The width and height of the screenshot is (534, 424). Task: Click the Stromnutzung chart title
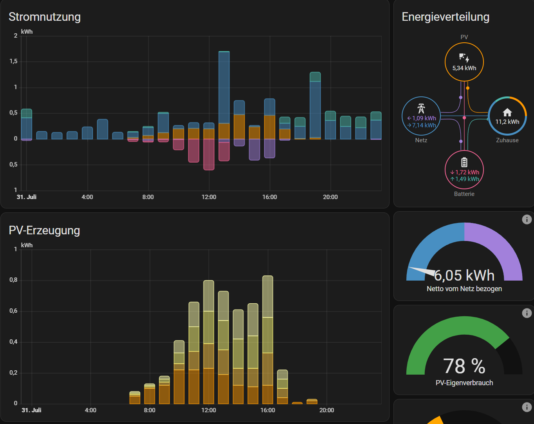click(45, 17)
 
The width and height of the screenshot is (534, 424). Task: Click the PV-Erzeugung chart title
click(44, 230)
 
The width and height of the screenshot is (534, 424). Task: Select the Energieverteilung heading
click(446, 17)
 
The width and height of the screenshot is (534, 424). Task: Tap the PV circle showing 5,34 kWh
click(464, 62)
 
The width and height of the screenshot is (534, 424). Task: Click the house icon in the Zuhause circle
click(507, 112)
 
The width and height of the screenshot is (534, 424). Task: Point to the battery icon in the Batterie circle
click(464, 162)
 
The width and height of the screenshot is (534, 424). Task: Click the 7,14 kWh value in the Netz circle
click(424, 125)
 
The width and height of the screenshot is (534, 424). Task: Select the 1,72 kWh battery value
click(467, 172)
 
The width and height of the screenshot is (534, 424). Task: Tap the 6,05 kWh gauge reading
click(464, 275)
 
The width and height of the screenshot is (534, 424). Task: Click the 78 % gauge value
click(464, 366)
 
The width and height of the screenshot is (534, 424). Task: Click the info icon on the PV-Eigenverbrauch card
click(527, 313)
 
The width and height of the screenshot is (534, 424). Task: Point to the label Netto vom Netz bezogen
click(464, 289)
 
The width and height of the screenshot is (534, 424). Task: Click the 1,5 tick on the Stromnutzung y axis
click(14, 62)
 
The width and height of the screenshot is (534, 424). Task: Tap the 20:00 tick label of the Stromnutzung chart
click(330, 197)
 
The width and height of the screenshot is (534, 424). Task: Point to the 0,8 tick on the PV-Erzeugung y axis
click(14, 280)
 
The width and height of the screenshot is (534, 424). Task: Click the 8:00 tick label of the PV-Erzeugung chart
click(150, 410)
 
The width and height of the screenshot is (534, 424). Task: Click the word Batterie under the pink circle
click(464, 194)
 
